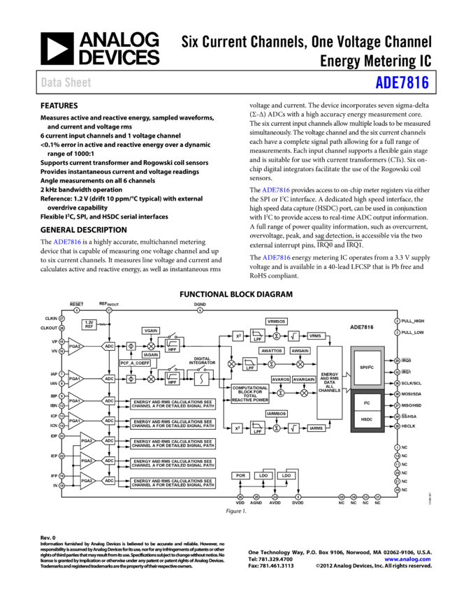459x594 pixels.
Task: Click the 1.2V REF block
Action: [x=89, y=325]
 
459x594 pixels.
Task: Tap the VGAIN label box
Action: [x=151, y=331]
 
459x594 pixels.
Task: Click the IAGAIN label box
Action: [x=151, y=354]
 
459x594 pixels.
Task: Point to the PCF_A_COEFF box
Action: [x=135, y=363]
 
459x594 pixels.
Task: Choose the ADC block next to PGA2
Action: [x=109, y=346]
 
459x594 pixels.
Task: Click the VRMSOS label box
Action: [x=277, y=321]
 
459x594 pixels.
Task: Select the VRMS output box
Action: [x=316, y=336]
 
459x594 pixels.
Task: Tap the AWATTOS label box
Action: [x=272, y=351]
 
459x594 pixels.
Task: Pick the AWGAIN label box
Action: [x=300, y=351]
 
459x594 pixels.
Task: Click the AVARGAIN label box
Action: [x=304, y=379]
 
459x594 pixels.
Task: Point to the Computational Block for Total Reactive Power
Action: [x=250, y=393]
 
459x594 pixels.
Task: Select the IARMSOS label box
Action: [x=277, y=414]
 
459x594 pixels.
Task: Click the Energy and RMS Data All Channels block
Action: [x=330, y=382]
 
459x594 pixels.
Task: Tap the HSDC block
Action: [x=367, y=419]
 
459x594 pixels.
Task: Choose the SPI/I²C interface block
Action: [x=367, y=367]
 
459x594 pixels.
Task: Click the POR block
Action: [x=240, y=475]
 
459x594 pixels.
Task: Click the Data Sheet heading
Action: [x=66, y=82]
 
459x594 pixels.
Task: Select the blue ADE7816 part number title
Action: [x=402, y=82]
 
